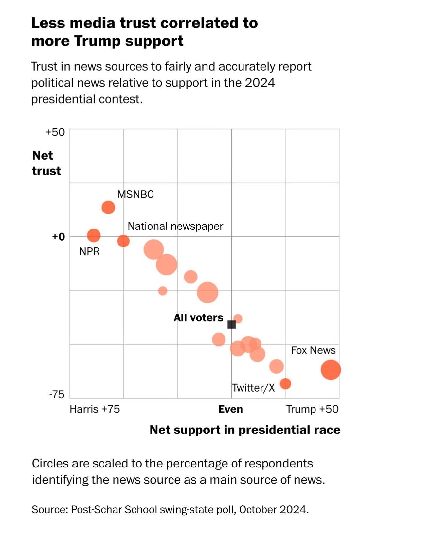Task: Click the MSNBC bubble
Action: (x=108, y=207)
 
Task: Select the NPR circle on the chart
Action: (x=94, y=235)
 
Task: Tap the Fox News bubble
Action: (x=331, y=370)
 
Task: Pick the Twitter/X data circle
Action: (x=285, y=383)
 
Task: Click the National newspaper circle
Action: (x=123, y=241)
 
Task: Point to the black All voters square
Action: (x=231, y=325)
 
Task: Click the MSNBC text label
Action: (x=135, y=194)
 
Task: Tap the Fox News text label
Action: (x=313, y=350)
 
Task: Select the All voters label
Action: (x=198, y=318)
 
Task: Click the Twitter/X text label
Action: (x=253, y=388)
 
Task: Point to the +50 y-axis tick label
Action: (x=55, y=132)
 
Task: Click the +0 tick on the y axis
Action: (x=59, y=237)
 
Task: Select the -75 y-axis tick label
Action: (x=57, y=395)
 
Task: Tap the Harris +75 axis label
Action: (x=95, y=409)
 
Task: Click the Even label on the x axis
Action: (x=230, y=409)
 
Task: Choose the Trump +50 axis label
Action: (x=312, y=409)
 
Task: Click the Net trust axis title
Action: (x=46, y=163)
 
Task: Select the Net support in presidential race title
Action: (x=245, y=430)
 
